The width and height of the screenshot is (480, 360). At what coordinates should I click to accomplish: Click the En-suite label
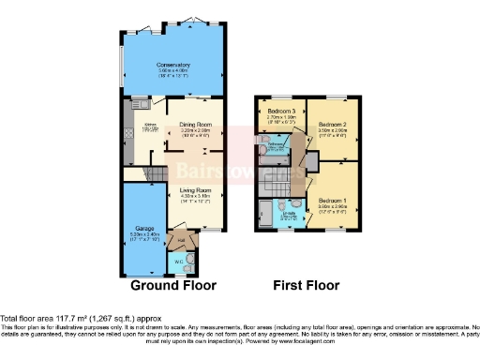pyautogui.click(x=289, y=213)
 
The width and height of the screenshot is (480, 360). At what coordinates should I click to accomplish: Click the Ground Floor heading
pyautogui.click(x=173, y=285)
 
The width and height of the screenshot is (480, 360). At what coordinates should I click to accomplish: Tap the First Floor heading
pyautogui.click(x=306, y=285)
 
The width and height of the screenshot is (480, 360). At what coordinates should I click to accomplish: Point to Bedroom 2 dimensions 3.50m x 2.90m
pyautogui.click(x=332, y=132)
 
